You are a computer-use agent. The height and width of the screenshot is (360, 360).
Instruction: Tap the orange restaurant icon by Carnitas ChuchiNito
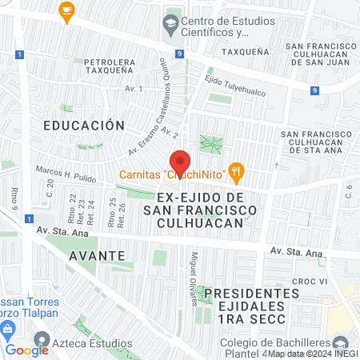pos(235,170)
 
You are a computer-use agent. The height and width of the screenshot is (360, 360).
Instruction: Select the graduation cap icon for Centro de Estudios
pos(170,22)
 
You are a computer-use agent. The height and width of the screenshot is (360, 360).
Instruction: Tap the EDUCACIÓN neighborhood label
pos(84,126)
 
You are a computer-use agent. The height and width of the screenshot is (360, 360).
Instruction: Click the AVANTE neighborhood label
pos(97,255)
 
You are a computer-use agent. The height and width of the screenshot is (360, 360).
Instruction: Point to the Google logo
pos(27,350)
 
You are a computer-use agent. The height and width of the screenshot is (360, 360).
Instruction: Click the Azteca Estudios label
pos(93,343)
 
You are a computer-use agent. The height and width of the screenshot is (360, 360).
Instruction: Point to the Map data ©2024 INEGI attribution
pos(313,354)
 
